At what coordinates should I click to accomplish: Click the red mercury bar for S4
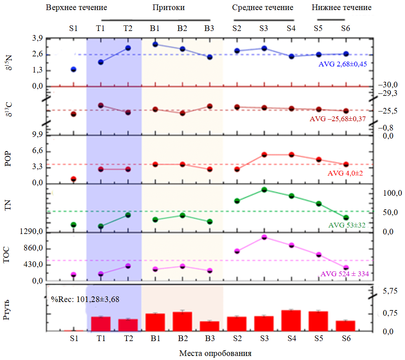click(291, 321)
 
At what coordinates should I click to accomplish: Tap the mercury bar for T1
click(101, 324)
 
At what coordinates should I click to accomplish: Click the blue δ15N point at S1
click(73, 70)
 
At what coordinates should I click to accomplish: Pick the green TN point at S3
click(264, 190)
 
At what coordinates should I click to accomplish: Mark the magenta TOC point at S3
click(264, 237)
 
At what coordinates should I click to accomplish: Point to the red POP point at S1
click(73, 179)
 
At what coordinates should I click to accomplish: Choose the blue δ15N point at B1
click(155, 44)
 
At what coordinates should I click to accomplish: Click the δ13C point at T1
click(101, 105)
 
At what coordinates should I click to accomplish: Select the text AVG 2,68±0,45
click(343, 64)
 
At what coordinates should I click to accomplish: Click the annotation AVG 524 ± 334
click(345, 274)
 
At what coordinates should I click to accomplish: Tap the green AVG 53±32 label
click(347, 226)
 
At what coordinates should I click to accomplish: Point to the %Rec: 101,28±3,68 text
click(85, 299)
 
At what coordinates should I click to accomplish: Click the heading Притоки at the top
click(169, 8)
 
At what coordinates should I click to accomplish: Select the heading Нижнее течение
click(342, 8)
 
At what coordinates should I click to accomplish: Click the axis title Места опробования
click(215, 354)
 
